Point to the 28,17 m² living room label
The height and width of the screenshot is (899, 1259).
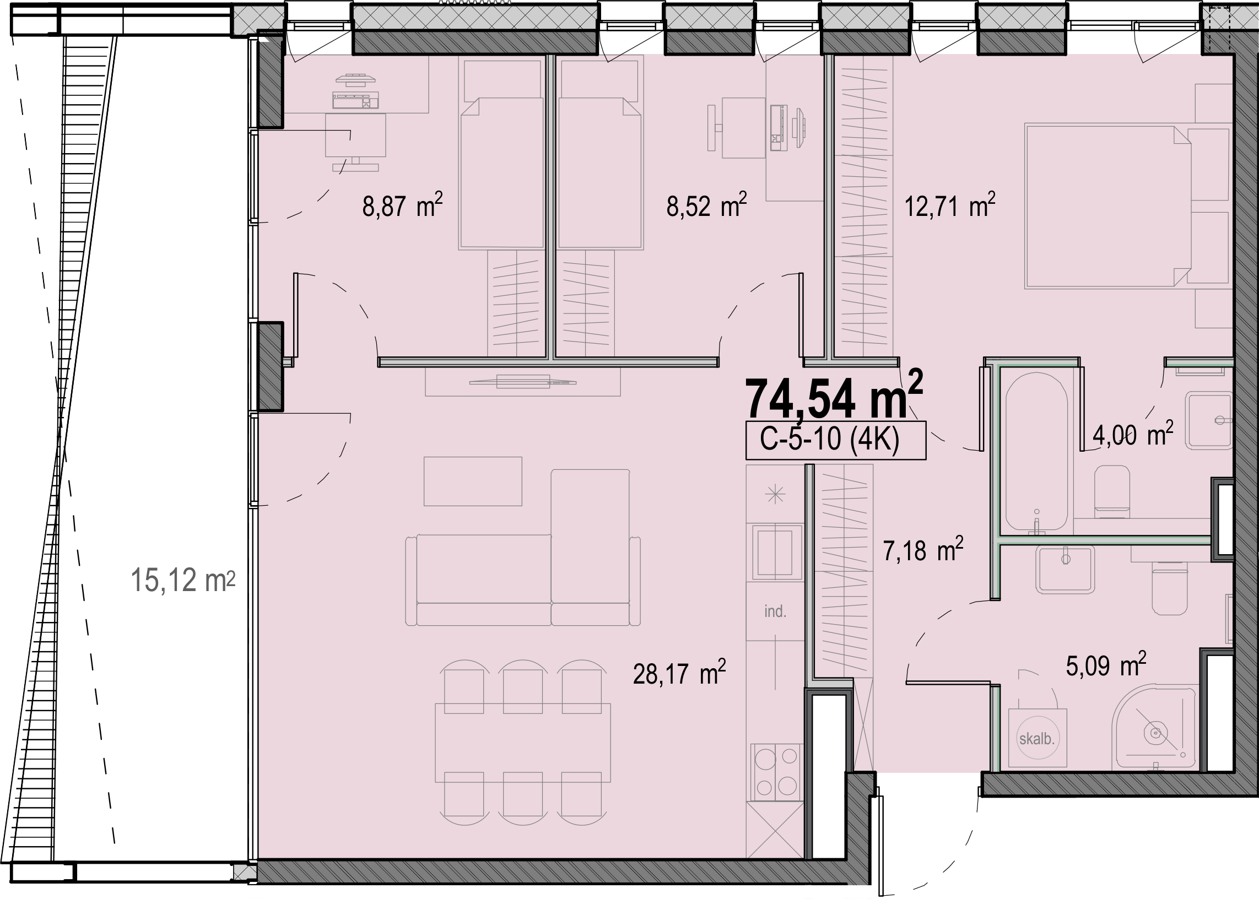(679, 672)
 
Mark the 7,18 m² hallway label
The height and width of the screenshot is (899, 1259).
(923, 549)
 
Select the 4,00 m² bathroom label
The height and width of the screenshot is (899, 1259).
(1133, 434)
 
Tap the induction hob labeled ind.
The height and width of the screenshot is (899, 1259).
(775, 611)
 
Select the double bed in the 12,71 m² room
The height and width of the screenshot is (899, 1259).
(1107, 206)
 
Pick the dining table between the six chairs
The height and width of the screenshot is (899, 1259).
(523, 743)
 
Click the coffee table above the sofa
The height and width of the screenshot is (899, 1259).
(473, 481)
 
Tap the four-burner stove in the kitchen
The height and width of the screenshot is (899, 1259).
(777, 772)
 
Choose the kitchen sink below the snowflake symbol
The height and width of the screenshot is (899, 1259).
(775, 551)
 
